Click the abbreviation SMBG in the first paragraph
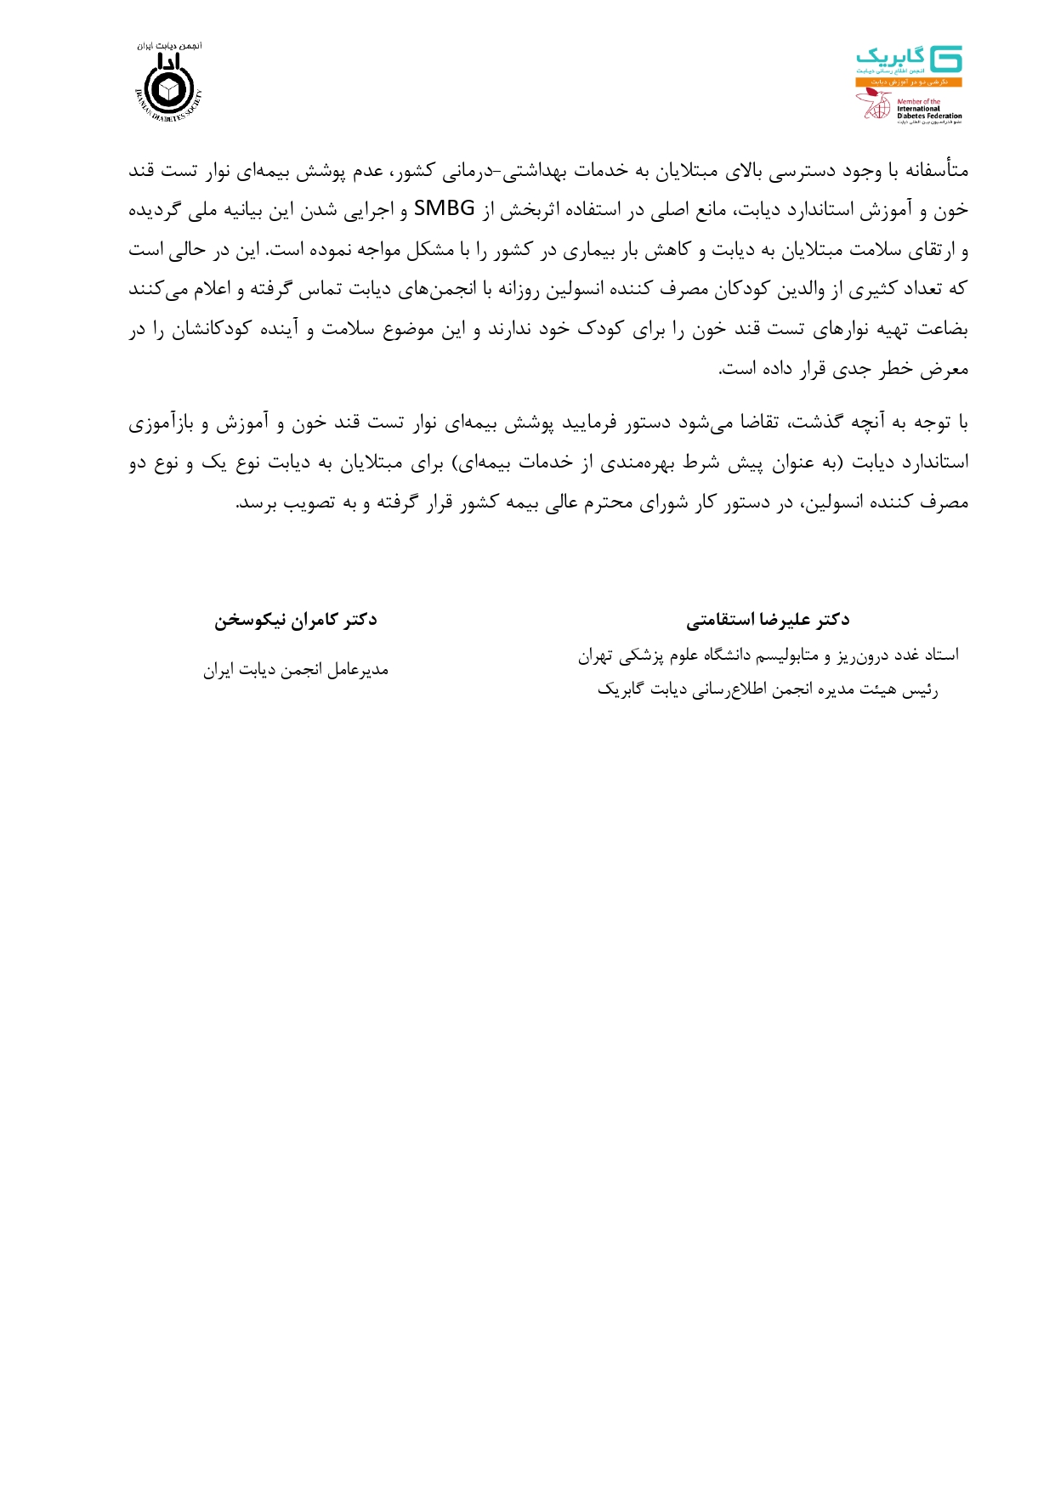point(444,210)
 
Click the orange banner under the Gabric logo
point(908,82)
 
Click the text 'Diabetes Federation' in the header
point(929,116)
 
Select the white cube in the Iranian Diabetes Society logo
point(170,88)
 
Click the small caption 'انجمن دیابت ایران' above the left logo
point(170,46)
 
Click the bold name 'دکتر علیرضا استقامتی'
point(768,620)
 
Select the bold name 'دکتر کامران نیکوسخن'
point(295,620)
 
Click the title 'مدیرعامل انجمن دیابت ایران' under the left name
point(295,671)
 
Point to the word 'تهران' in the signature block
point(596,655)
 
